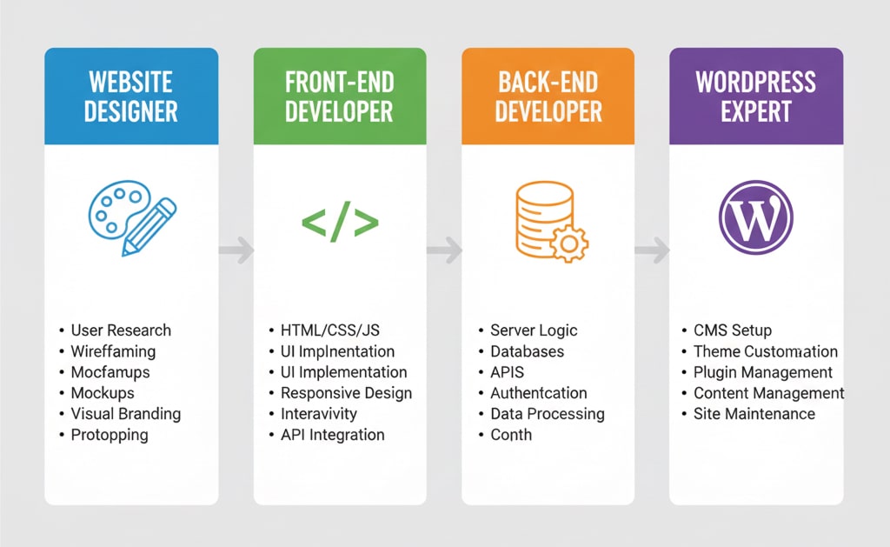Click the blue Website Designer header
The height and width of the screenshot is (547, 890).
pos(131,96)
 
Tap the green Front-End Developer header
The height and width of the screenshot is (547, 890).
pos(340,96)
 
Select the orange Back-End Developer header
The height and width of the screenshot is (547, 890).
pos(548,96)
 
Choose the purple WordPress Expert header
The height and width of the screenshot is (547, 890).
pos(756,96)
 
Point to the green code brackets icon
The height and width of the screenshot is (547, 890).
pos(340,223)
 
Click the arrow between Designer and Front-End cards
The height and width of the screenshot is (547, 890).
pos(236,251)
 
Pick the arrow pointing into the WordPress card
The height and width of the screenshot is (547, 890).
pos(652,251)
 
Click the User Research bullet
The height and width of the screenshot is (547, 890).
pos(121,330)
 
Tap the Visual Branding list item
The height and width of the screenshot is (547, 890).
pos(125,414)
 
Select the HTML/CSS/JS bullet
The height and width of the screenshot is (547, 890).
pos(329,330)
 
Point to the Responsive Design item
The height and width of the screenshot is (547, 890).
pos(346,393)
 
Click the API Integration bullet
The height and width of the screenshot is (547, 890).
pos(332,435)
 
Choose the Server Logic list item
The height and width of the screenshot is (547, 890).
pos(534,330)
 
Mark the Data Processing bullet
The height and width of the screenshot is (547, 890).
pos(547,414)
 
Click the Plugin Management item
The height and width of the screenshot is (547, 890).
pos(762,372)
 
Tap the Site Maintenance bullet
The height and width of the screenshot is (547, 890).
pos(754,414)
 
